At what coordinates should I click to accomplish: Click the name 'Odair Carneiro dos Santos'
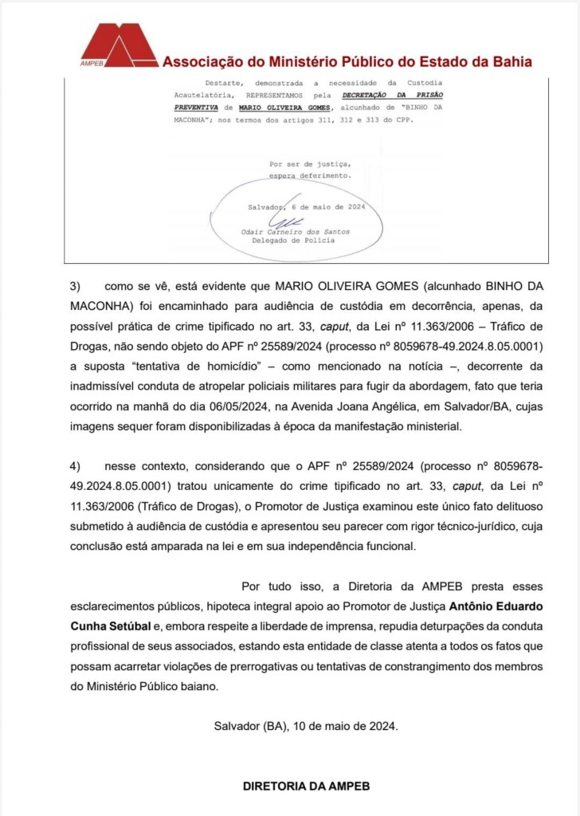(x=296, y=232)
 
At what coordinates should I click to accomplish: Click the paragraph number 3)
(x=76, y=285)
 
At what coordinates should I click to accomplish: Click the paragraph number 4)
(x=76, y=466)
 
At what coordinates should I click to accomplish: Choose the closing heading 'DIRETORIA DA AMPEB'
(x=306, y=786)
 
